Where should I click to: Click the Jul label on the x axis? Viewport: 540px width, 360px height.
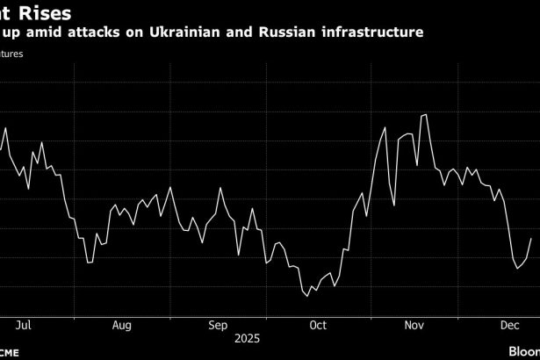24,326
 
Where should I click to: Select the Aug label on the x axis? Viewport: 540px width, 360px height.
121,326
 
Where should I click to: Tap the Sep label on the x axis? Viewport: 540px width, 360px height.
220,326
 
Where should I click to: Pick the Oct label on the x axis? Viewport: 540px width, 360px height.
317,326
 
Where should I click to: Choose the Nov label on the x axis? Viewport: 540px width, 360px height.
414,326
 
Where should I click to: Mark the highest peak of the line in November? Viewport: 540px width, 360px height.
426,115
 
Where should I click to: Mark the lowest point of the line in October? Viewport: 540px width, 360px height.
308,296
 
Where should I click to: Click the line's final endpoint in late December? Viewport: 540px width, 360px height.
531,238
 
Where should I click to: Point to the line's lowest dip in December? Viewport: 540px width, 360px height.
517,268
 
